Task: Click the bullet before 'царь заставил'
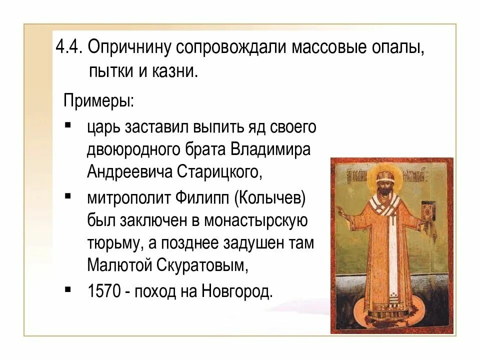tap(67, 124)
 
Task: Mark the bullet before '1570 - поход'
tap(67, 288)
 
